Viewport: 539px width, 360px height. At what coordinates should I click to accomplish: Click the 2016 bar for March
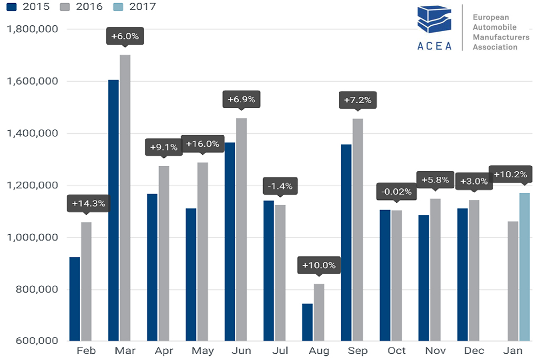[x=125, y=197]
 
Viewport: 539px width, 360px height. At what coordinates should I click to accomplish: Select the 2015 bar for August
[x=307, y=322]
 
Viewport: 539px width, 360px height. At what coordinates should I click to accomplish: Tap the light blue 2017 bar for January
[x=525, y=267]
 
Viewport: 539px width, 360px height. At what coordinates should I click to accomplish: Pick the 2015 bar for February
[x=75, y=298]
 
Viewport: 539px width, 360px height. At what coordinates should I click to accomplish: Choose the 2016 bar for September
[x=358, y=229]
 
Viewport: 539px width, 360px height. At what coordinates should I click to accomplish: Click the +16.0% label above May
[x=203, y=144]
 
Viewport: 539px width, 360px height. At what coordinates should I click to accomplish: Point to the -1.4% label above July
[x=280, y=186]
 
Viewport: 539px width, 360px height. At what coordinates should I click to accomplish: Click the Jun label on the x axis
[x=241, y=351]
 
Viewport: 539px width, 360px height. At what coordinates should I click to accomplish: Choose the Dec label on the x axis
[x=474, y=351]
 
